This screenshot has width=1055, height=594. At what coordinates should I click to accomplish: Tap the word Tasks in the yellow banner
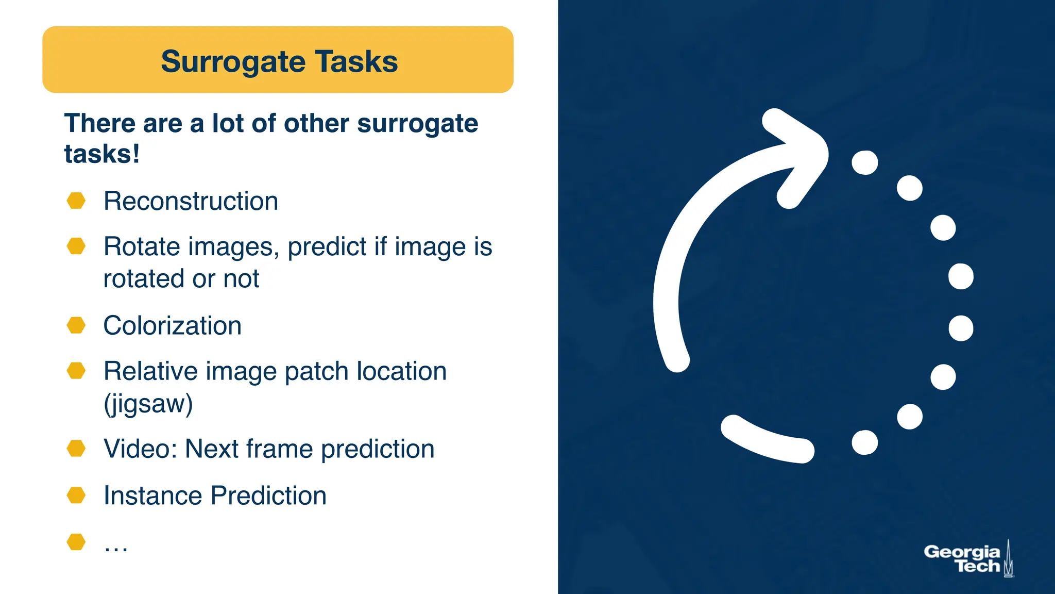pos(356,61)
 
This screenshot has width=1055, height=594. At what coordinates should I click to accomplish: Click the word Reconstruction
pos(191,201)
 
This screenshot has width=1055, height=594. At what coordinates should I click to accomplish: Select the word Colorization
pos(172,326)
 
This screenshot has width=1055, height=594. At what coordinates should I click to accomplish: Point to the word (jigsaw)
pos(148,404)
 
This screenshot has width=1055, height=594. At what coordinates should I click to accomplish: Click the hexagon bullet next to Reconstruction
pos(76,201)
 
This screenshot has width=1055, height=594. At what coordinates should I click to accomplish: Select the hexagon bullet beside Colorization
pos(76,325)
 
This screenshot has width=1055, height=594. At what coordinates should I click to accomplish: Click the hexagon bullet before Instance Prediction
pos(76,495)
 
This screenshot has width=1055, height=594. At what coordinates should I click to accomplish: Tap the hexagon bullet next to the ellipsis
pos(76,542)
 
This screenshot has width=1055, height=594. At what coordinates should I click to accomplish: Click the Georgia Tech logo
pos(968,559)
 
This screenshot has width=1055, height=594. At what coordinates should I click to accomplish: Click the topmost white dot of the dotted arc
pos(865,163)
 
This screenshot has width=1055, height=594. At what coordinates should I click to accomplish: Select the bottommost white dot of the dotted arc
pos(865,442)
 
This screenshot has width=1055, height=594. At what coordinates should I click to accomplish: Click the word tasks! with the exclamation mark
pos(101,154)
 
